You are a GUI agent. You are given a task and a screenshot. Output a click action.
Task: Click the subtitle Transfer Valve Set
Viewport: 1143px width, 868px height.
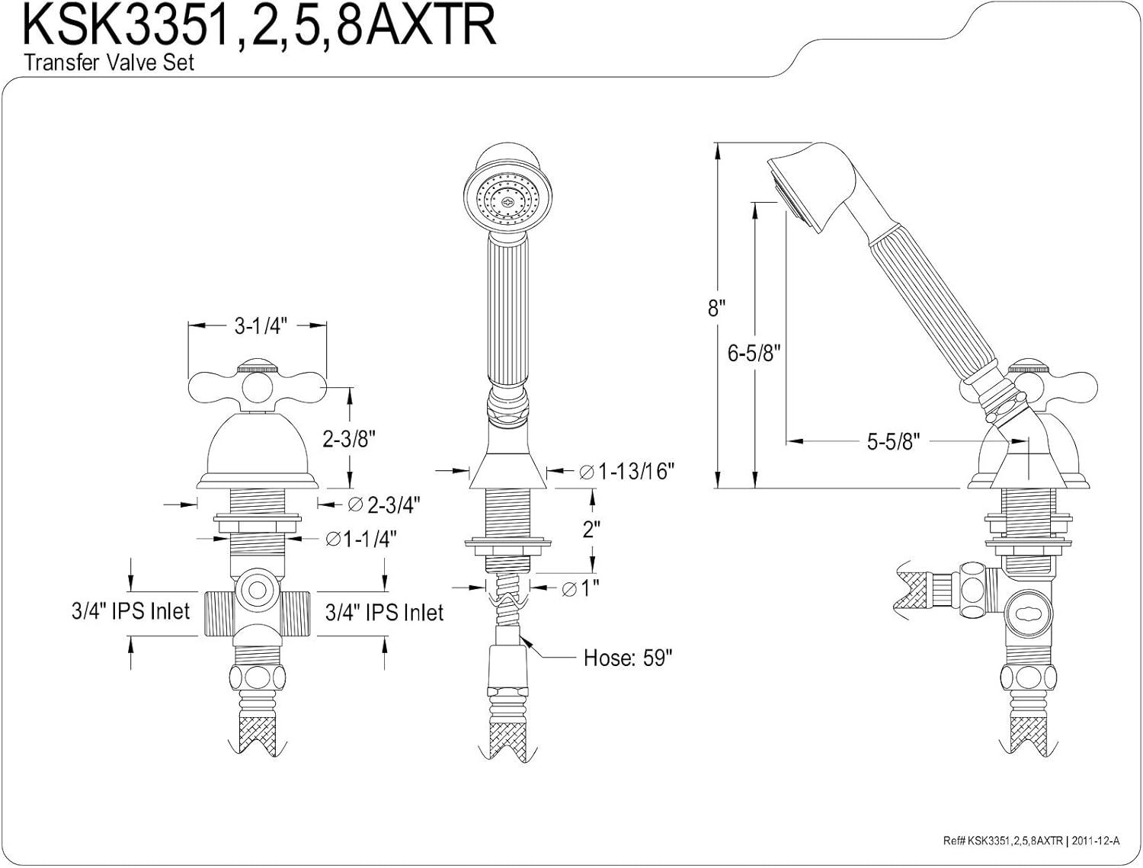click(x=109, y=62)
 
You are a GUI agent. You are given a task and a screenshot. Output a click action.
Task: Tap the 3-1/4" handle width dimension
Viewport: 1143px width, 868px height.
click(x=259, y=326)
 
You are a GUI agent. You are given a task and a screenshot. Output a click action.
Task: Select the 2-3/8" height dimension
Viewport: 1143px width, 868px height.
click(x=350, y=439)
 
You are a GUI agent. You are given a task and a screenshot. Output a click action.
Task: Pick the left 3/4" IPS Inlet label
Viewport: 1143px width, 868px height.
click(x=130, y=610)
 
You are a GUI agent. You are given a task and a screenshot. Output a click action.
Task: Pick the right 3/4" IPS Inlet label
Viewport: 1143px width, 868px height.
click(x=384, y=612)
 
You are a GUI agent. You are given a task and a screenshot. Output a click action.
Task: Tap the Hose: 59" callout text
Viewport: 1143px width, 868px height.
click(x=628, y=658)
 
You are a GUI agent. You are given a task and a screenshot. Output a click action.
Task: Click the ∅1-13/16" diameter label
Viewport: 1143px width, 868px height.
click(x=626, y=472)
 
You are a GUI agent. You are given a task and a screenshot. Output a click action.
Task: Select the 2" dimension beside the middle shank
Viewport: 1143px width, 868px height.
click(x=592, y=530)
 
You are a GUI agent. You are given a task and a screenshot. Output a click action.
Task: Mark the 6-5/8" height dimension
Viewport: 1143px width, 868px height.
click(x=754, y=354)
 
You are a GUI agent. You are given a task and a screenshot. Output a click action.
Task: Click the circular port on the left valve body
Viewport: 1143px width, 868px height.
click(x=258, y=590)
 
